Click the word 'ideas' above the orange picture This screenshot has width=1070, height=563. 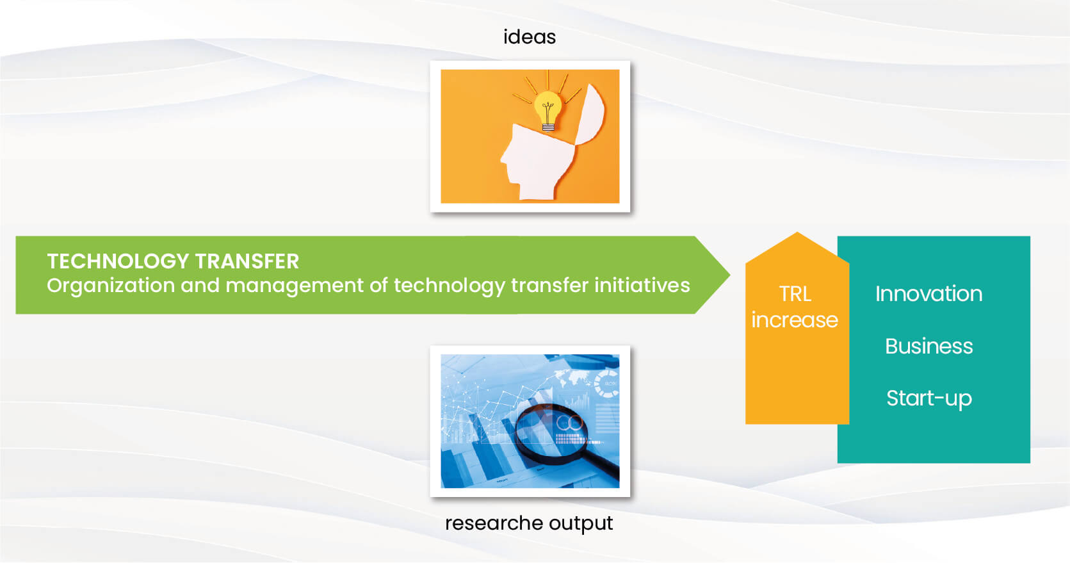530,37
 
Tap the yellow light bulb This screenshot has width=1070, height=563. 548,110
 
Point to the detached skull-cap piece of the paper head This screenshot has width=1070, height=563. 590,115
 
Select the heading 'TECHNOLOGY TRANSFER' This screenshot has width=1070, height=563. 173,261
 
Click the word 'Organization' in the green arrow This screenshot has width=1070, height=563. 111,286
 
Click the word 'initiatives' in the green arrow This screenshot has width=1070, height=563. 642,285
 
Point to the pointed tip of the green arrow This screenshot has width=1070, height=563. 729,275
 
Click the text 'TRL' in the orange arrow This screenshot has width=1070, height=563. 795,294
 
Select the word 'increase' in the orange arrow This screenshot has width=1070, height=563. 795,320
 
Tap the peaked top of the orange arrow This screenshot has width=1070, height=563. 797,233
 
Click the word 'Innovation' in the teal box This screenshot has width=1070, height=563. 928,293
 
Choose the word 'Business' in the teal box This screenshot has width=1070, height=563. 928,346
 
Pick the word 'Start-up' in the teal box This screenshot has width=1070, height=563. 928,398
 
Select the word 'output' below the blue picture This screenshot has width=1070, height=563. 581,524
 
